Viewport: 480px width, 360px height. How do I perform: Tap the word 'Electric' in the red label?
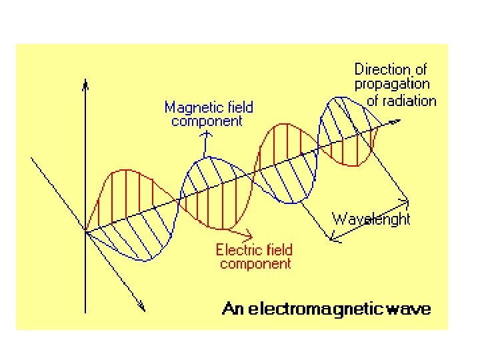click(240, 250)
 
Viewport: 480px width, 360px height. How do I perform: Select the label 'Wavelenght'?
click(371, 219)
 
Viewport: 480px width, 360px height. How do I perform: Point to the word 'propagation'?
click(392, 85)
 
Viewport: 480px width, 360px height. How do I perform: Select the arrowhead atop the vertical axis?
click(85, 84)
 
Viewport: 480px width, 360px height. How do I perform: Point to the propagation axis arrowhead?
click(397, 121)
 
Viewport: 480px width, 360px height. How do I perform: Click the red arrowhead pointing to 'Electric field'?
click(249, 235)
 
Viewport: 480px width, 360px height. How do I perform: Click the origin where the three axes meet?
click(85, 231)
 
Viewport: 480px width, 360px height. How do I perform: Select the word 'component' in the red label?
click(255, 264)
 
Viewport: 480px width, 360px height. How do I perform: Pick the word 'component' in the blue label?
click(207, 121)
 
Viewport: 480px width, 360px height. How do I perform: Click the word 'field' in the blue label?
click(236, 107)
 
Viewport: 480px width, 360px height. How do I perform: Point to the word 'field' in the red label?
click(279, 250)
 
